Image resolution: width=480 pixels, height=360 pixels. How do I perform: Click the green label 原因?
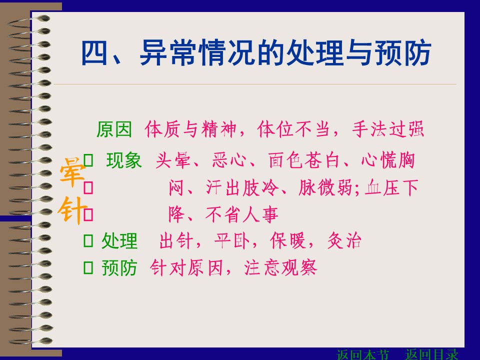[114, 129]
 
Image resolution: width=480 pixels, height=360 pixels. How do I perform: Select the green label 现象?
[124, 160]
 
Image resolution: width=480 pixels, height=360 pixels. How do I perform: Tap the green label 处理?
[119, 240]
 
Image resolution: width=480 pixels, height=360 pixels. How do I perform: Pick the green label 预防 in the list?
[119, 268]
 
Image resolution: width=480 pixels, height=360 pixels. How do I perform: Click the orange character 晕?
[72, 172]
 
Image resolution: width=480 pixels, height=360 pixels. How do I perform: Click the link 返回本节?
[363, 354]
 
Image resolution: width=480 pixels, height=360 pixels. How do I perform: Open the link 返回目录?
[431, 354]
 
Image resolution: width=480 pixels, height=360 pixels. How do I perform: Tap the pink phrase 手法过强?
[388, 129]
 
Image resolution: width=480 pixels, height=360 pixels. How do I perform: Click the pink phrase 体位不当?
[293, 129]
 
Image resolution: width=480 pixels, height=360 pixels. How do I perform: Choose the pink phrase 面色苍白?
[304, 160]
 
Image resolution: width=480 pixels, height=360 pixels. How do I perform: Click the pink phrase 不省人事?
[242, 214]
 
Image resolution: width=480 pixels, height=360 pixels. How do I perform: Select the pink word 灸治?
[344, 240]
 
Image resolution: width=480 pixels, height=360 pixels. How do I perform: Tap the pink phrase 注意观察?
[280, 268]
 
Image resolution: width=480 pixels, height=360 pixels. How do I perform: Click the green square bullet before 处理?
[88, 240]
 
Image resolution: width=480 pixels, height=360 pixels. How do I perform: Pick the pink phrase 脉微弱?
[325, 187]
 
